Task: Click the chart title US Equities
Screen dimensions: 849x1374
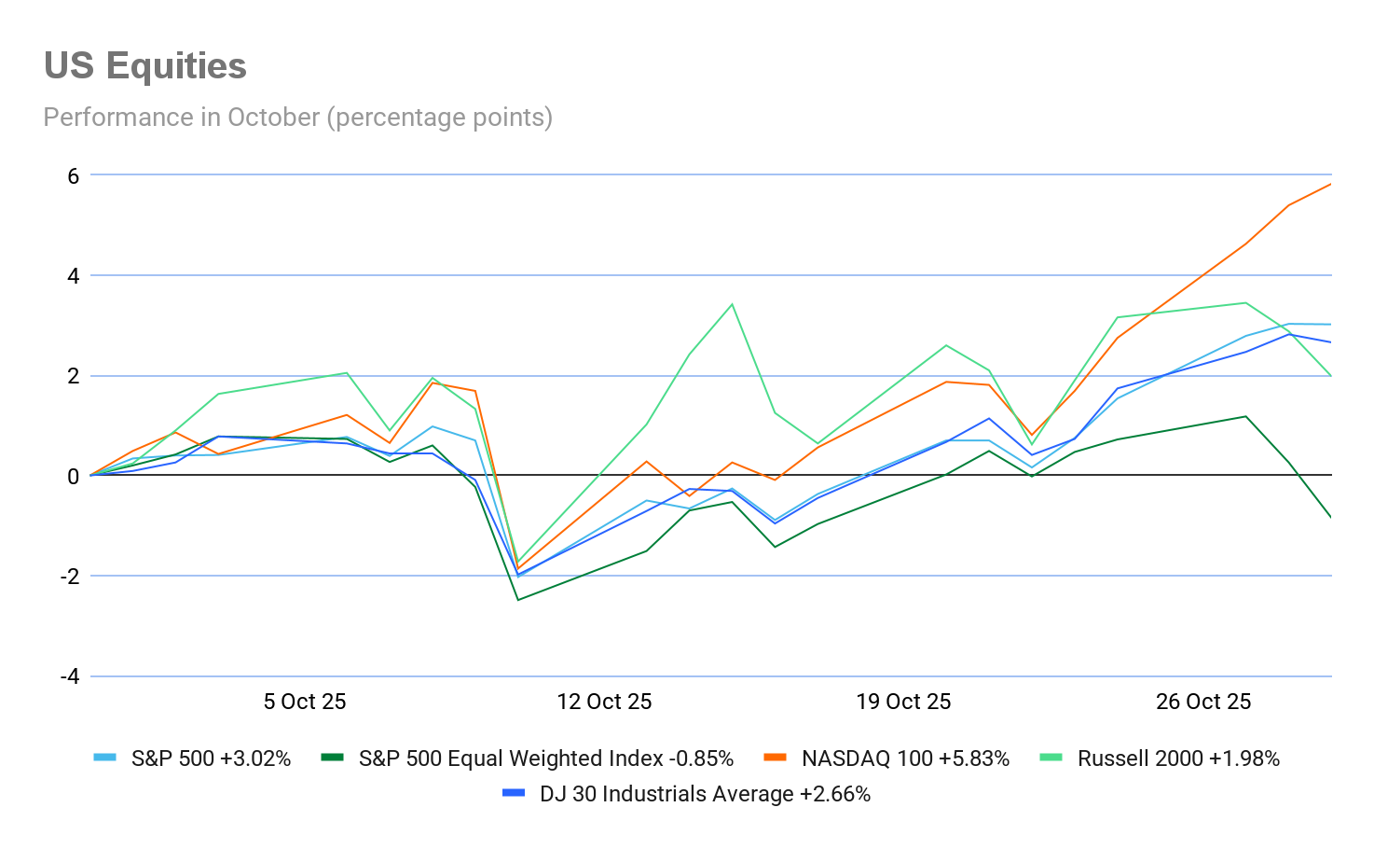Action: tap(144, 66)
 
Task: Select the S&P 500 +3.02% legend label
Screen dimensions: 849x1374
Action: tap(211, 759)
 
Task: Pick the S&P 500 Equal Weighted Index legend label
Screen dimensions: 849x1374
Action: tap(545, 759)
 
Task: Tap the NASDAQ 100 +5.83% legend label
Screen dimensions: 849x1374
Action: tap(905, 759)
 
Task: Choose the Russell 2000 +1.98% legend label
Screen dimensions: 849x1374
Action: tap(1178, 759)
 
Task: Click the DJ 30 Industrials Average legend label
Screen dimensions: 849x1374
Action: tap(705, 794)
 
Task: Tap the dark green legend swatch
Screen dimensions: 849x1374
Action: tap(332, 758)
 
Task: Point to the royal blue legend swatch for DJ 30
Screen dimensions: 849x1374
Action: tap(514, 793)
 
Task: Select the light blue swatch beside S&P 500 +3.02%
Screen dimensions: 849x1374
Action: tap(104, 758)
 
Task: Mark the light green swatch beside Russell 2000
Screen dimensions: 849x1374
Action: tap(1051, 758)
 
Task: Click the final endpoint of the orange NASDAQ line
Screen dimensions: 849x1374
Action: tap(1330, 184)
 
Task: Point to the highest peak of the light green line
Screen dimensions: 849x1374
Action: tap(733, 303)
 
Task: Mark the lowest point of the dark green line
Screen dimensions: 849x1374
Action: tap(518, 599)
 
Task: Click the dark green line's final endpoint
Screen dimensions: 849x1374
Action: tap(1330, 516)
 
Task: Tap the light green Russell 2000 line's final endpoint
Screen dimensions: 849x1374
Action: tap(1330, 375)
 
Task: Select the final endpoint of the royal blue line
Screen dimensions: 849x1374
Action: tap(1330, 341)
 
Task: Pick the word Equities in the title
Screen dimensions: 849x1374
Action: tap(176, 66)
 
